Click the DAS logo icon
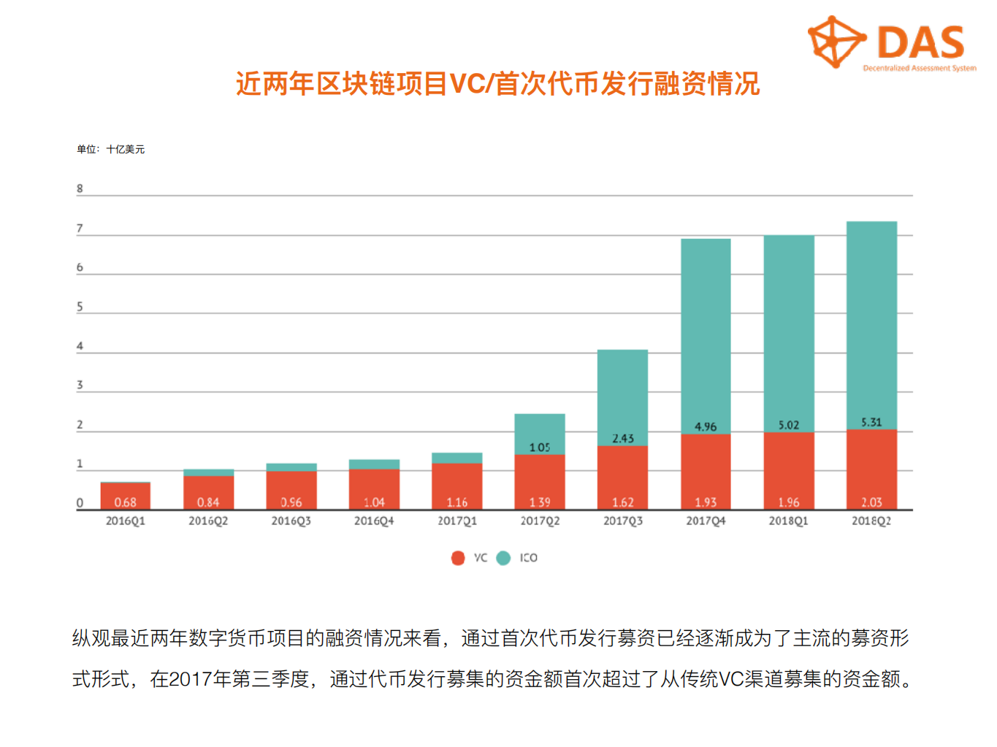coord(836,42)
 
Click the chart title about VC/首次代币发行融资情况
coord(497,83)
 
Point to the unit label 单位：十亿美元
coord(110,149)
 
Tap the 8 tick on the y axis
coord(80,188)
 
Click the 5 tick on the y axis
coord(80,307)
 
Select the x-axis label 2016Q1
coord(125,521)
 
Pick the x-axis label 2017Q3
coord(622,521)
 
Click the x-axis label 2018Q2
coord(871,521)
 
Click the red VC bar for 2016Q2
coord(208,491)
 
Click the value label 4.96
coord(706,426)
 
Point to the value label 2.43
coord(622,438)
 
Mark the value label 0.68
coord(125,502)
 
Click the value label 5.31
coord(871,422)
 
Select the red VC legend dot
coord(458,558)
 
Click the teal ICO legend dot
coord(503,558)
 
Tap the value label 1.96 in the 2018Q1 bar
coord(788,502)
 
